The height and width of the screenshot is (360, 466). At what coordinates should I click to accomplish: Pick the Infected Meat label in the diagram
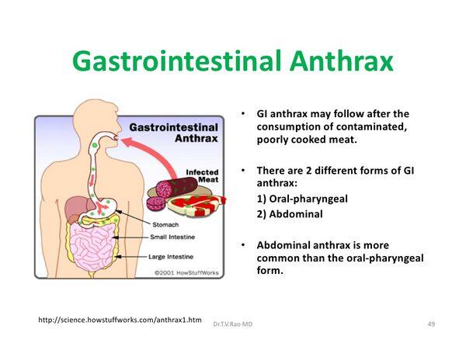(x=203, y=177)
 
